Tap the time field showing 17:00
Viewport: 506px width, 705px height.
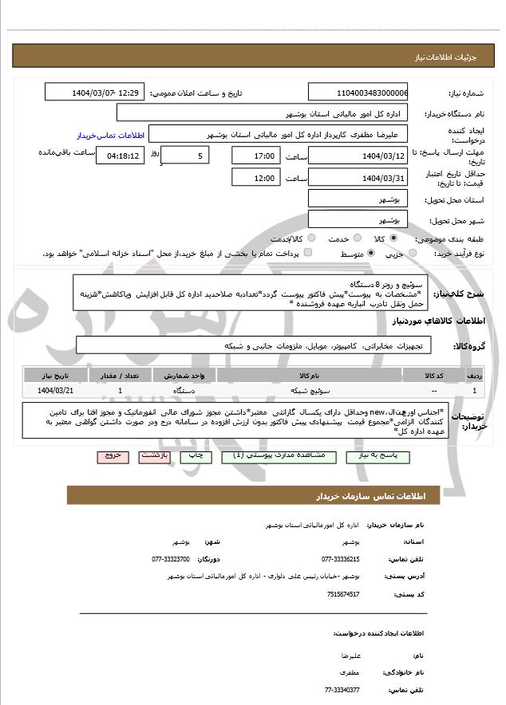point(257,156)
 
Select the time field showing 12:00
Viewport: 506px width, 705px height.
point(257,178)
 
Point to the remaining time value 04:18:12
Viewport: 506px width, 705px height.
point(121,156)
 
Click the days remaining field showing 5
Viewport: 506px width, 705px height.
point(185,156)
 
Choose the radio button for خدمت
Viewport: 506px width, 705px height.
point(356,238)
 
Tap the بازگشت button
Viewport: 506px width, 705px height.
point(153,455)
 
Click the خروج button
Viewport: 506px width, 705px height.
point(113,455)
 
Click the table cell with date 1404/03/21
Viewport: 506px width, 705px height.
point(55,391)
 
